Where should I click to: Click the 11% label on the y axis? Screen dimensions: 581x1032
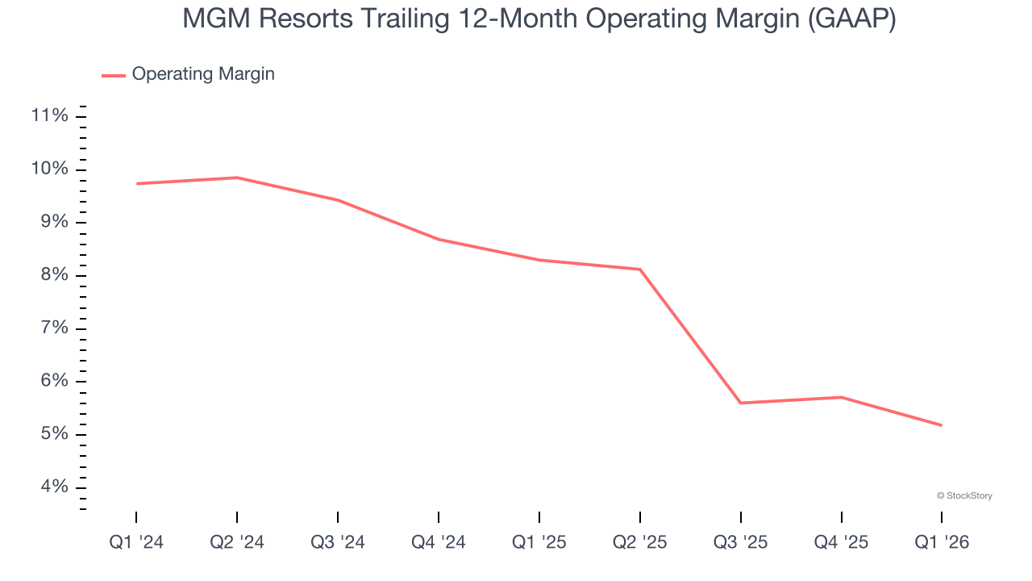tap(49, 116)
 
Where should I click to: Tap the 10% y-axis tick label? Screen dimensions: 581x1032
tap(49, 169)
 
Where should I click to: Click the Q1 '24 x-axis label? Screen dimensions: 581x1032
tap(136, 542)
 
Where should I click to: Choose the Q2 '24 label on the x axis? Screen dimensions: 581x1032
tap(237, 542)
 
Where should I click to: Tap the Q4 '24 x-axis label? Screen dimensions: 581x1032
tap(439, 542)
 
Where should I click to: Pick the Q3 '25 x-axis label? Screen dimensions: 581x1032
tap(741, 542)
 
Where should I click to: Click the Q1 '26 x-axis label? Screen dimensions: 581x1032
tap(942, 542)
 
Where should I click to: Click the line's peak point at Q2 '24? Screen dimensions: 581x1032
tap(237, 178)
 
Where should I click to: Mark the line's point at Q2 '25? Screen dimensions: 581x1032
tap(640, 270)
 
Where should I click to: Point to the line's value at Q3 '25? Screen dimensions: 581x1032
tap(741, 403)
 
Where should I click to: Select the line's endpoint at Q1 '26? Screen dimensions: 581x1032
tap(942, 425)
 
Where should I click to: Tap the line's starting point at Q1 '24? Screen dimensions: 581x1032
tap(136, 184)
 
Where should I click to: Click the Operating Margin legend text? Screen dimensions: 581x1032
tap(203, 74)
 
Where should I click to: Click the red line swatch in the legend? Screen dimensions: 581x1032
tap(114, 75)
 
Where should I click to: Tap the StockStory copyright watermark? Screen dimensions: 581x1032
tap(964, 495)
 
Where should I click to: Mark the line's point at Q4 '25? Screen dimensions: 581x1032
tap(842, 397)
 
